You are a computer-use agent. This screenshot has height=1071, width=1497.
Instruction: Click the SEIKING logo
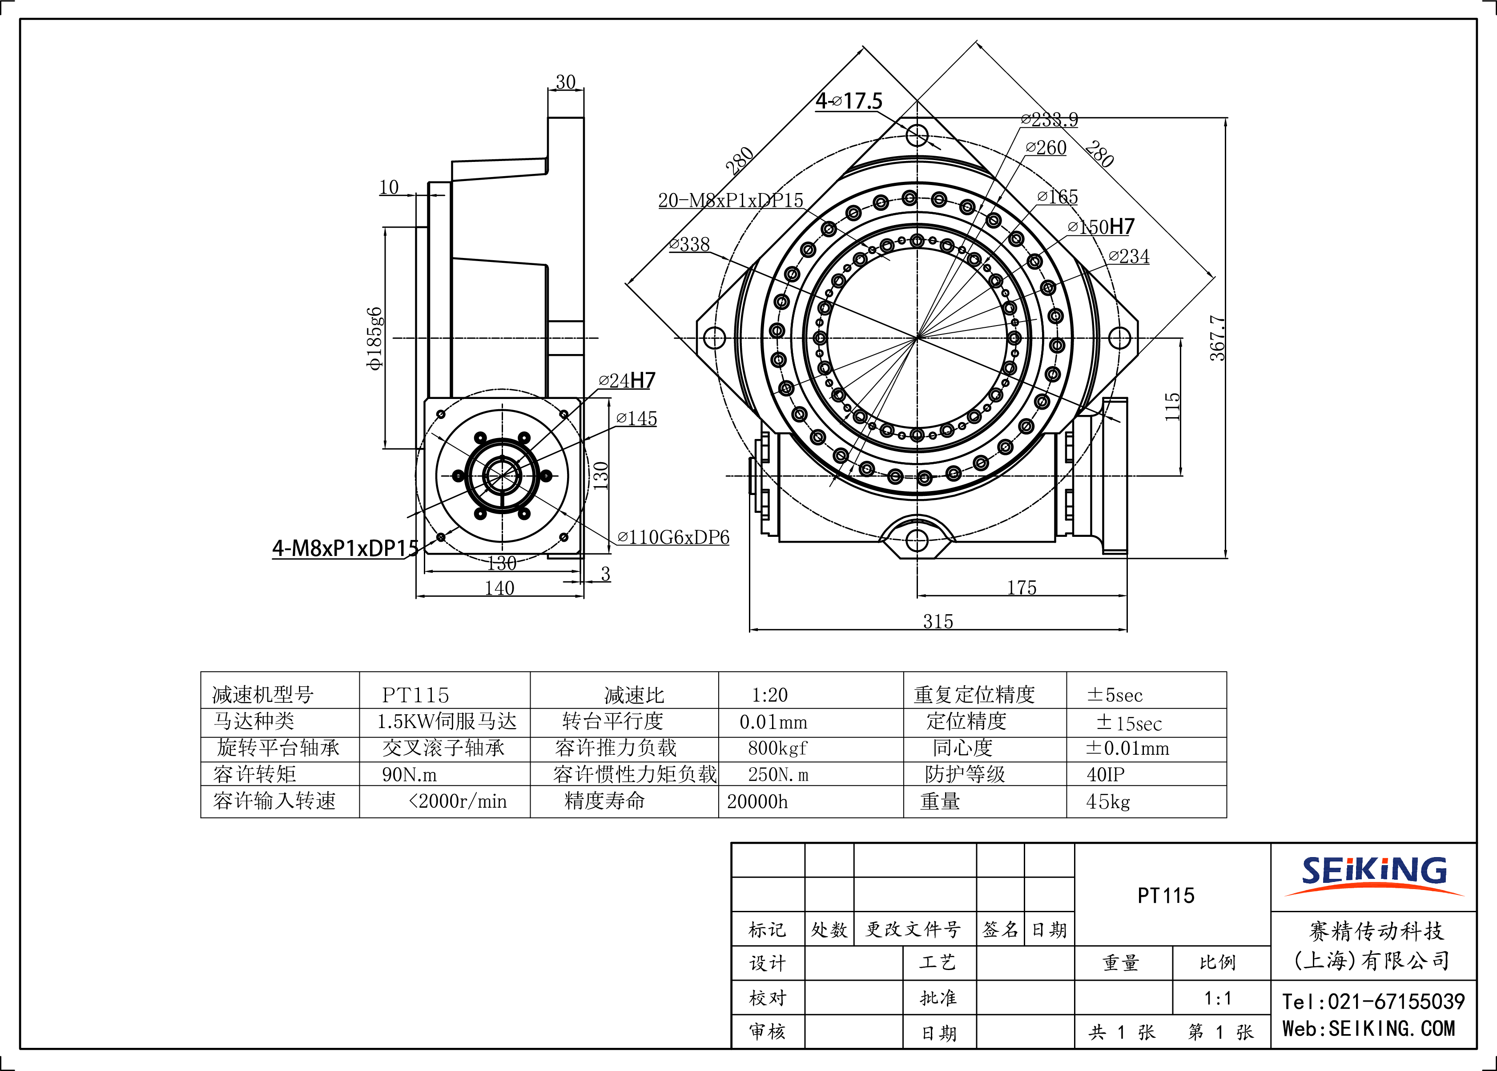click(x=1374, y=876)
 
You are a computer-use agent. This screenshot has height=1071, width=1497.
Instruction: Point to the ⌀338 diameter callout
click(x=689, y=244)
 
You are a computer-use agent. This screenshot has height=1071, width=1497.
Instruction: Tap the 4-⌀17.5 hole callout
click(x=849, y=101)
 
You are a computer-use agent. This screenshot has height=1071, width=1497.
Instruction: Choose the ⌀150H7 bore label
click(x=1101, y=227)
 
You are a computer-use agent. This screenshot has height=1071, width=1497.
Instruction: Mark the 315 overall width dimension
click(x=938, y=621)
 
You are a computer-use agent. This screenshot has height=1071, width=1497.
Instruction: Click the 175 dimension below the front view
click(x=1022, y=587)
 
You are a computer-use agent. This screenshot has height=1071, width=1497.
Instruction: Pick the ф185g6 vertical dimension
click(x=374, y=338)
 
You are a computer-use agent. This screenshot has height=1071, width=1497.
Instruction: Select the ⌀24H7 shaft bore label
click(x=627, y=381)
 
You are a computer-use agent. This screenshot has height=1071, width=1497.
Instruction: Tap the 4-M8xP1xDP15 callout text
click(x=346, y=548)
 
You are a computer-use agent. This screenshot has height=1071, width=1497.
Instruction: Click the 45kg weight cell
click(x=1108, y=801)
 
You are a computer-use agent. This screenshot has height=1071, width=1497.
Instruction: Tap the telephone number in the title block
click(x=1373, y=1001)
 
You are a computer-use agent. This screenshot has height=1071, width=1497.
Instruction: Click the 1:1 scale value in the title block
click(x=1217, y=998)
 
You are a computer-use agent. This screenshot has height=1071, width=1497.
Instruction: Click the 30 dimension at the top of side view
click(x=566, y=82)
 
